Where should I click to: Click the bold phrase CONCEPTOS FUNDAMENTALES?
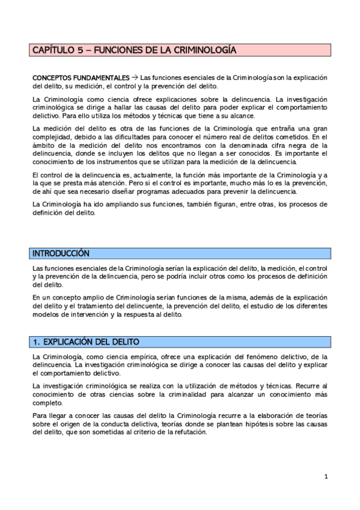pyautogui.click(x=81, y=78)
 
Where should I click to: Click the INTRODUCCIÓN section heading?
pyautogui.click(x=60, y=254)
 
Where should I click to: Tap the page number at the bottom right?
pyautogui.click(x=326, y=477)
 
